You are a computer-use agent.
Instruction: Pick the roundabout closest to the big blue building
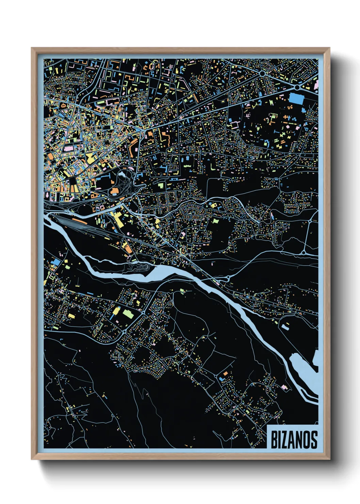[x=297, y=87]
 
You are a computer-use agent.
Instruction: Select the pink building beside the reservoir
[x=284, y=387]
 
